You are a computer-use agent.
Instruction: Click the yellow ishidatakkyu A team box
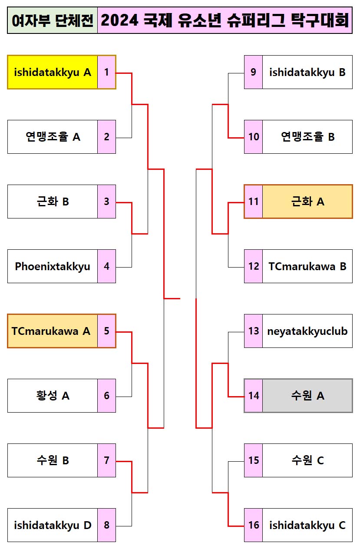[x=53, y=72]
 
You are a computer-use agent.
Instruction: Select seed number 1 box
[x=107, y=72]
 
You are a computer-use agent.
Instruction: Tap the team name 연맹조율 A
[x=53, y=137]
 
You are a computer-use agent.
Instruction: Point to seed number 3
[x=107, y=202]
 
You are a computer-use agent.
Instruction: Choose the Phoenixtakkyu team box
[x=53, y=266]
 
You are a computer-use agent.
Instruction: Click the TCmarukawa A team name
[x=51, y=331]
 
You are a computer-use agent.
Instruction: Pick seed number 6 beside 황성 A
[x=107, y=396]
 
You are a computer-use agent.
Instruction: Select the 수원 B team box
[x=53, y=460]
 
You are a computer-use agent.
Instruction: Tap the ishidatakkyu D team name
[x=53, y=525]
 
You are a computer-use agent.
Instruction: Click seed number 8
[x=107, y=525]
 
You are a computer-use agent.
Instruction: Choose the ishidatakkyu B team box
[x=307, y=72]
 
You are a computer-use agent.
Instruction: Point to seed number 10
[x=254, y=137]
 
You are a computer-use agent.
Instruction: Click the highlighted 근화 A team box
[x=307, y=202]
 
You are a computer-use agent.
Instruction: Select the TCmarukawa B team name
[x=307, y=266]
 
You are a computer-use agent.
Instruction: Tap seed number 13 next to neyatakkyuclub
[x=254, y=331]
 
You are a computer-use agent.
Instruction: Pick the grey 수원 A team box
[x=307, y=396]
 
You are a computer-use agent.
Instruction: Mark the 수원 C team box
[x=307, y=460]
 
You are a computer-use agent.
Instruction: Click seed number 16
[x=254, y=525]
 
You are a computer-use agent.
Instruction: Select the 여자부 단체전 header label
[x=53, y=20]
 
